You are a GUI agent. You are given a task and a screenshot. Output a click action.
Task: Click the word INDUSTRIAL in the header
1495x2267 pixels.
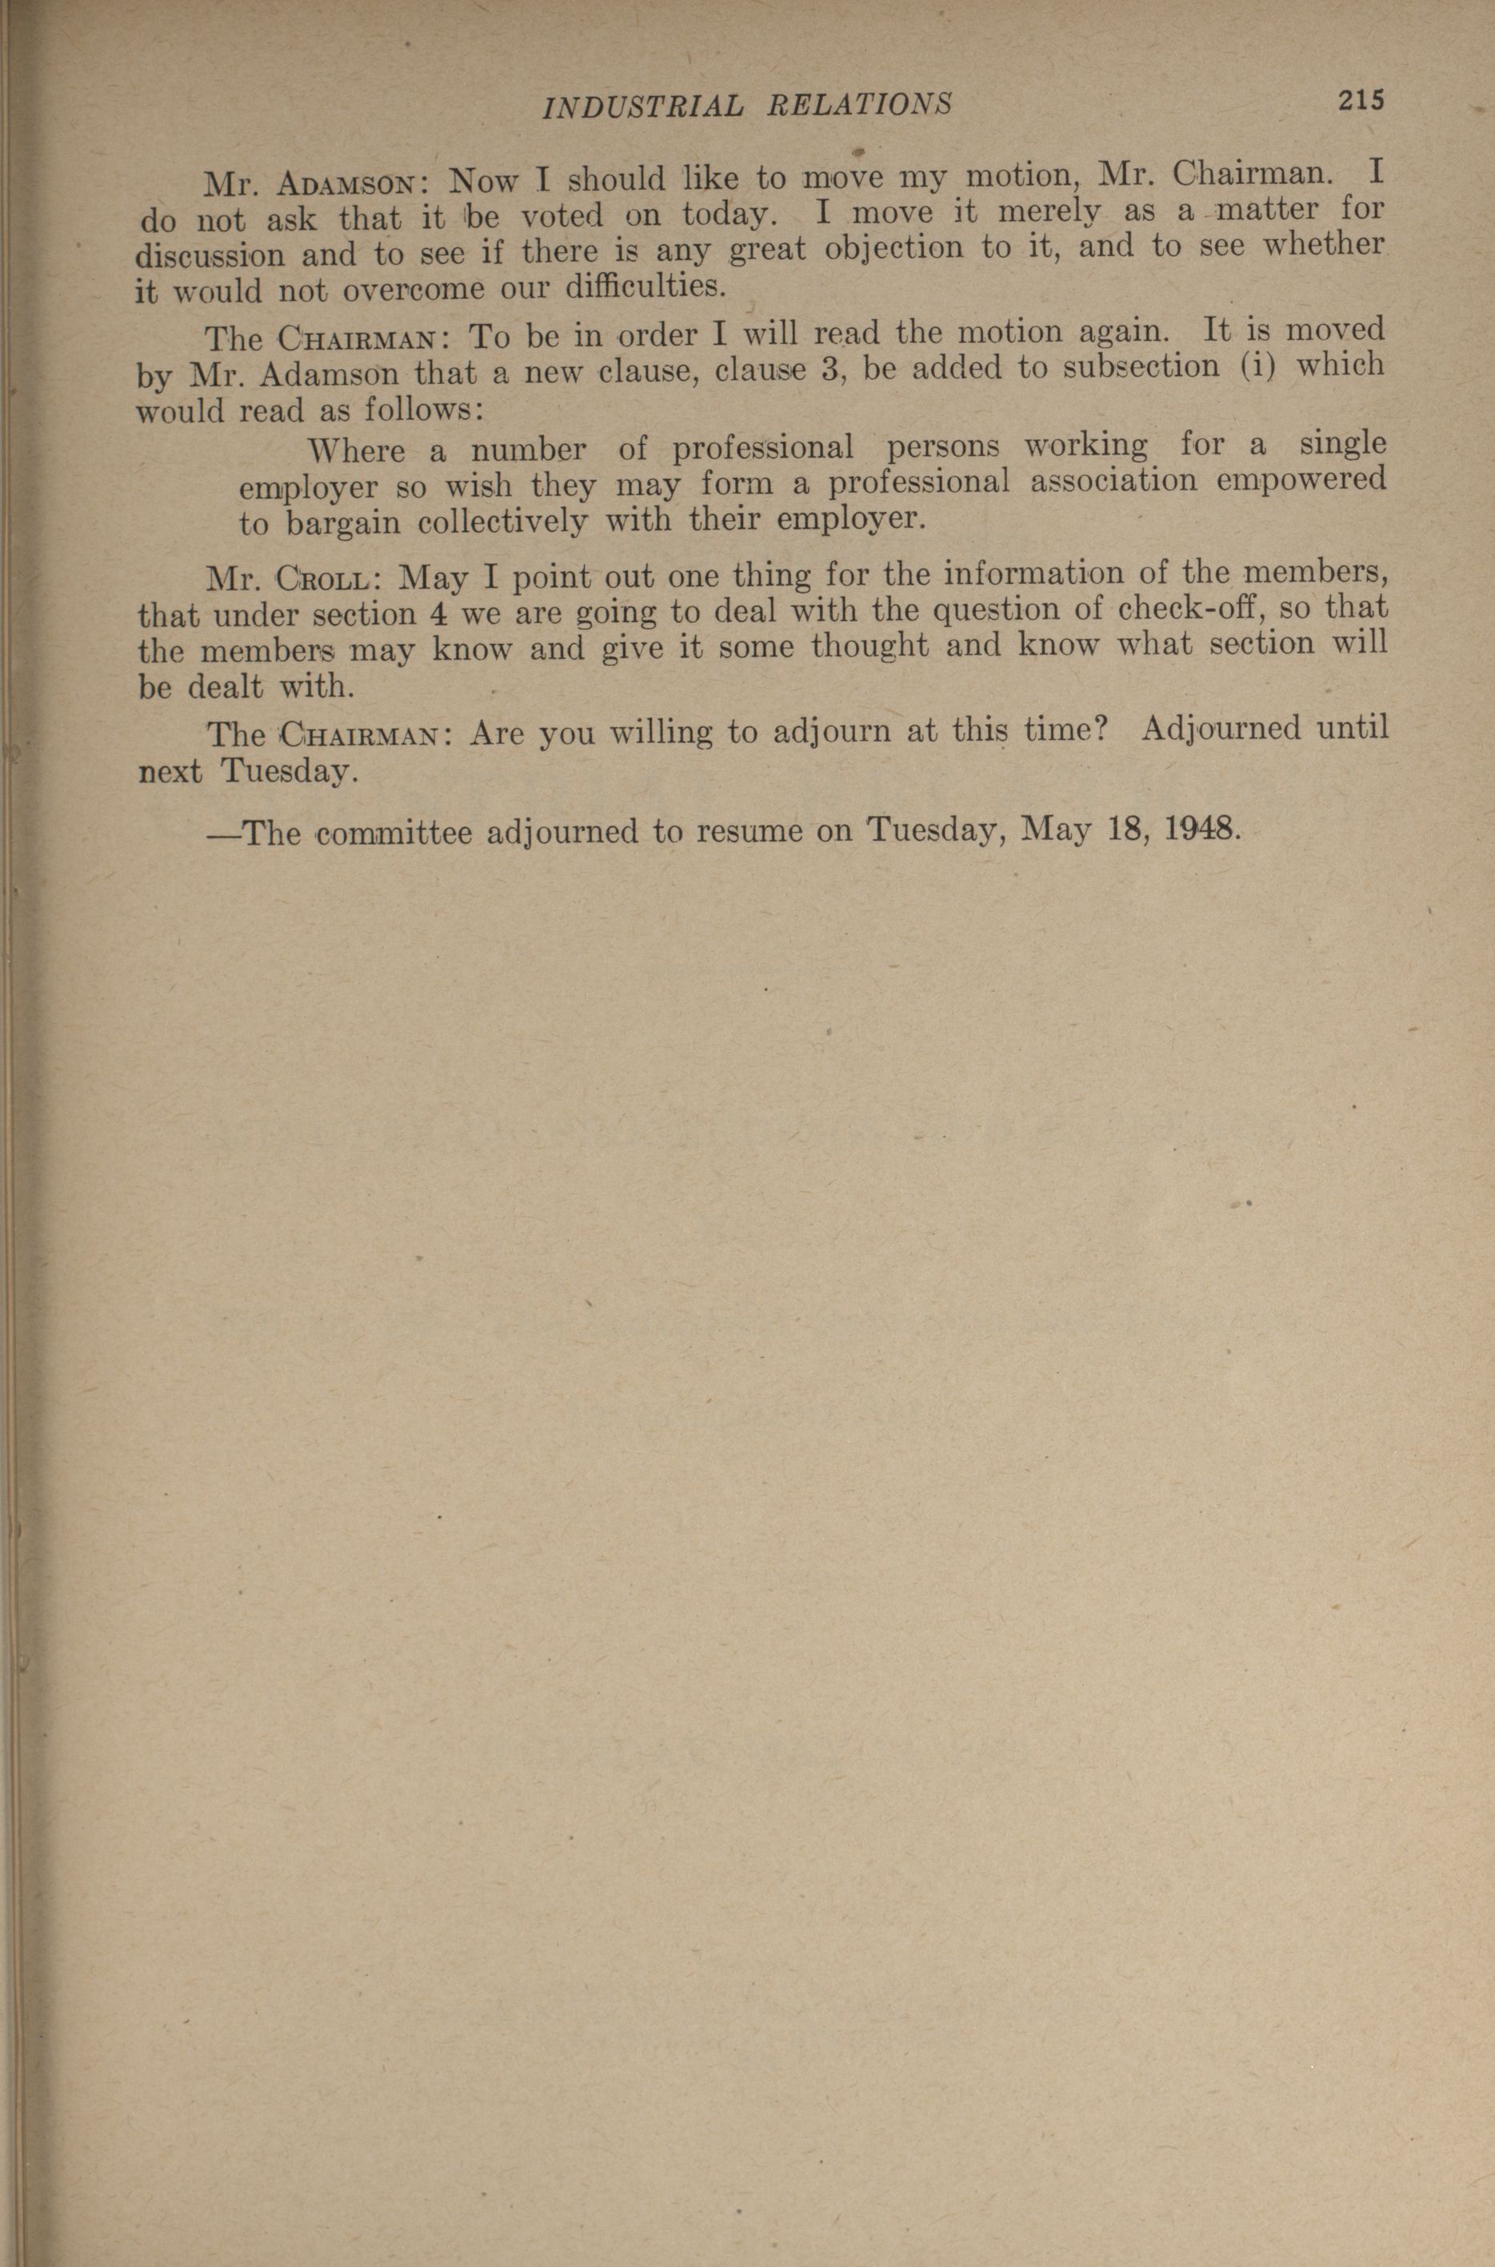[642, 105]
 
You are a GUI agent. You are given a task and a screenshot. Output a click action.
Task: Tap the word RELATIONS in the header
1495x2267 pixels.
[858, 103]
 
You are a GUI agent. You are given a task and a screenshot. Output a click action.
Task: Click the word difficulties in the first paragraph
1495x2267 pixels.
[638, 285]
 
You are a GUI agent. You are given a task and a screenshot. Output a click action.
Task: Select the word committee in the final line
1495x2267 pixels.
[394, 834]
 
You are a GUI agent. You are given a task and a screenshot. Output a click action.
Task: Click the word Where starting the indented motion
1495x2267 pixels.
[358, 450]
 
